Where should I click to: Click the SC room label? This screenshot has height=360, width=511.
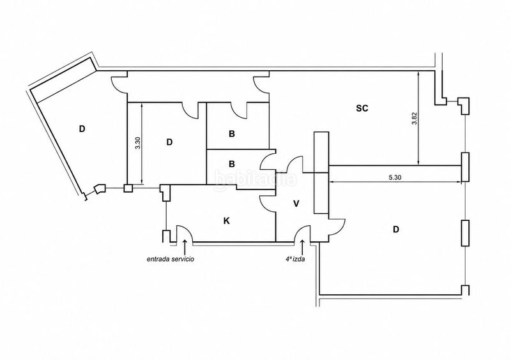pyautogui.click(x=362, y=108)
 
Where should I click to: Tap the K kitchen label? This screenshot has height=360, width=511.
pyautogui.click(x=227, y=221)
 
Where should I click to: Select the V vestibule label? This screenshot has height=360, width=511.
pyautogui.click(x=296, y=204)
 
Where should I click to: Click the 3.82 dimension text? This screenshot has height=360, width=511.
pyautogui.click(x=414, y=119)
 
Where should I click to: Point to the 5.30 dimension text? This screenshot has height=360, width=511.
pyautogui.click(x=395, y=177)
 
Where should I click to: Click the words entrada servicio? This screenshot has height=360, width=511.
pyautogui.click(x=171, y=259)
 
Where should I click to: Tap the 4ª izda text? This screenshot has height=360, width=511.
pyautogui.click(x=295, y=259)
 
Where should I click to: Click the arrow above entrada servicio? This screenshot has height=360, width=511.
pyautogui.click(x=185, y=247)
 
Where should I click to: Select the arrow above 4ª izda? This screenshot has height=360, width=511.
pyautogui.click(x=303, y=247)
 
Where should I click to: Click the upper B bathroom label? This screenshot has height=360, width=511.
pyautogui.click(x=232, y=134)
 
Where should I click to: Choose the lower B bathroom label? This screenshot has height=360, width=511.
pyautogui.click(x=232, y=163)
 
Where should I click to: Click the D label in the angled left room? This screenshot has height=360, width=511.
pyautogui.click(x=82, y=129)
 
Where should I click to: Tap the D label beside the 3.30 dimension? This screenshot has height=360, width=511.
pyautogui.click(x=169, y=142)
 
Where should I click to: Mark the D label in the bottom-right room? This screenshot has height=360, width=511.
pyautogui.click(x=395, y=230)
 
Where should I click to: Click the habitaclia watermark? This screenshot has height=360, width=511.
pyautogui.click(x=256, y=179)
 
